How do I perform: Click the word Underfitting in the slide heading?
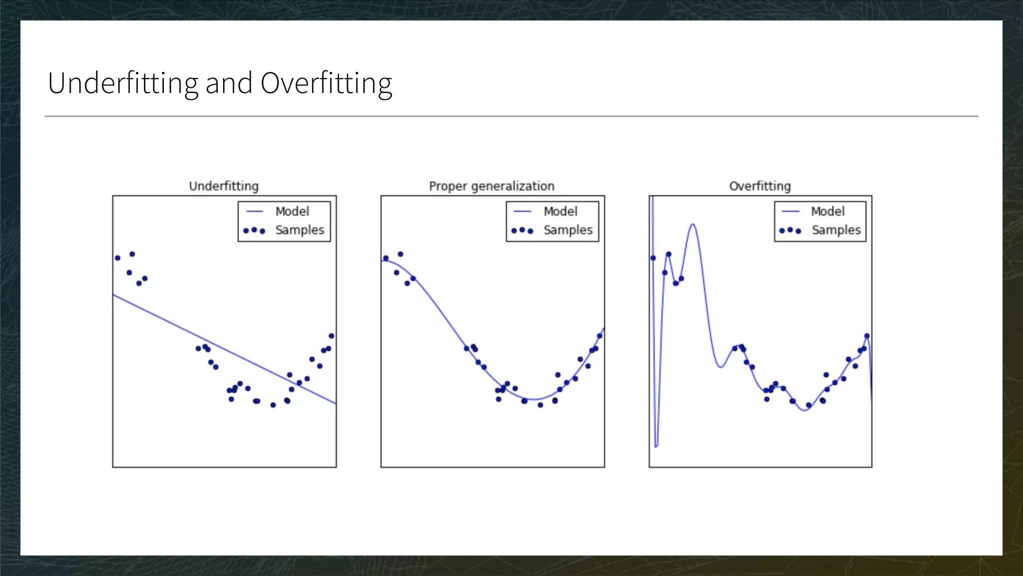click(x=123, y=83)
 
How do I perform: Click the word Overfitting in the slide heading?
click(x=326, y=83)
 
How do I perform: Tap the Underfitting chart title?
click(x=224, y=186)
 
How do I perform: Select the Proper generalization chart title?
click(x=492, y=186)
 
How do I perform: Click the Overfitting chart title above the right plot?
click(x=760, y=186)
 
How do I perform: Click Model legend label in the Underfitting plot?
click(x=292, y=211)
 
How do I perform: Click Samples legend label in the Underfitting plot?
click(x=300, y=230)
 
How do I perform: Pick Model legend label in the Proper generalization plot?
click(x=560, y=211)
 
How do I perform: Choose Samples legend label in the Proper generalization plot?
click(x=568, y=230)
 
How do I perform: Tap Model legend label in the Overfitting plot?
click(x=828, y=211)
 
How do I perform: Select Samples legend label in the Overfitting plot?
click(x=836, y=230)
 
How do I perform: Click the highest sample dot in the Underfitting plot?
click(x=132, y=254)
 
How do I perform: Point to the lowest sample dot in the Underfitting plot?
click(x=273, y=405)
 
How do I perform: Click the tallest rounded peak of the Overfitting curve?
click(x=693, y=224)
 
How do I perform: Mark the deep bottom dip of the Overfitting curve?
click(x=656, y=445)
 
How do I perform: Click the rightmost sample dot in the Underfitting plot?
click(x=332, y=336)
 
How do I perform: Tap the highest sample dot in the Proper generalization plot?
click(x=400, y=254)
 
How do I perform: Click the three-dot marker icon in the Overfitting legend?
click(x=790, y=230)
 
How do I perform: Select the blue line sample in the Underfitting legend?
click(x=254, y=211)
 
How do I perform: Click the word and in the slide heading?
click(x=229, y=83)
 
